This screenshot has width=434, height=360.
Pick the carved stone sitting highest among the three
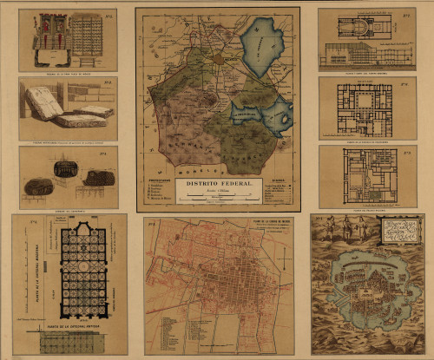[65, 167]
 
